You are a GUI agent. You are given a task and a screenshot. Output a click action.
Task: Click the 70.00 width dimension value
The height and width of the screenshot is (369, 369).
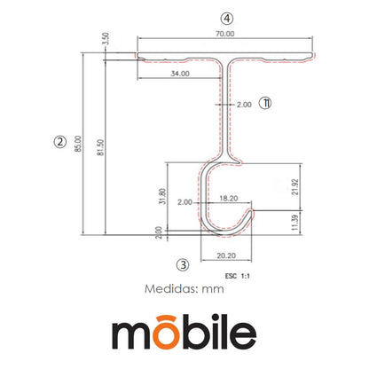tap(224, 34)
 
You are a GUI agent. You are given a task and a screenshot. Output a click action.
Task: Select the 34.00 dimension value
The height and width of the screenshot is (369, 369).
tap(180, 74)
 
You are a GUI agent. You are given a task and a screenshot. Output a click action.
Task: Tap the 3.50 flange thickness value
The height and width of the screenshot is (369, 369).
tap(106, 39)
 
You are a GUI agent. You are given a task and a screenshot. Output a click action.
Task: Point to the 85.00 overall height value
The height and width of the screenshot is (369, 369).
tap(78, 144)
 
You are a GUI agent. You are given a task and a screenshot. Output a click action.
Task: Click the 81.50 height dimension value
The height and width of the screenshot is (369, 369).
tap(100, 147)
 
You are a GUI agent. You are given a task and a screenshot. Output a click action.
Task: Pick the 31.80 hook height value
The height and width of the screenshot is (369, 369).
tap(162, 196)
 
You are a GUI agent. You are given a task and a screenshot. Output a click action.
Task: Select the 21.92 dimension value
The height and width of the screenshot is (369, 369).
tap(295, 187)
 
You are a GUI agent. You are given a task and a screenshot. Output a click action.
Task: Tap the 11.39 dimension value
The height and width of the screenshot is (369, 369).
tap(294, 223)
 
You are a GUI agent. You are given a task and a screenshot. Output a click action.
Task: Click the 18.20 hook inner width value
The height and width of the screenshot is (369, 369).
tap(229, 199)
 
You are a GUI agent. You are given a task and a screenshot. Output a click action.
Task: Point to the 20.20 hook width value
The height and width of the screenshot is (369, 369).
tap(226, 255)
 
